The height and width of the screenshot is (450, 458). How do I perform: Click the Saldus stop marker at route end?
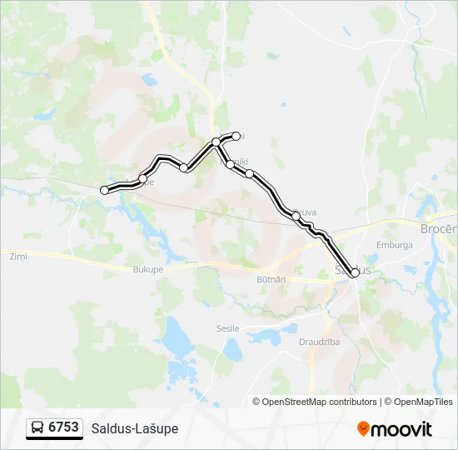[x=356, y=272]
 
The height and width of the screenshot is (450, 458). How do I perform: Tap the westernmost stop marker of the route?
[x=105, y=191]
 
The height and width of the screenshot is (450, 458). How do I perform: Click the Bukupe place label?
[x=148, y=270]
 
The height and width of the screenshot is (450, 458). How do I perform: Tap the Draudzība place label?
[x=319, y=342]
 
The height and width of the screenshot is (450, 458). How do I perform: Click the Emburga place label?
[x=395, y=246]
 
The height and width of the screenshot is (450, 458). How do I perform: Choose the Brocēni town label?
[x=438, y=228]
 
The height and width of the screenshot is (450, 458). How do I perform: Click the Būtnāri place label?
[x=271, y=280]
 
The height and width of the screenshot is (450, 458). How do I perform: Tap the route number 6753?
[x=63, y=427]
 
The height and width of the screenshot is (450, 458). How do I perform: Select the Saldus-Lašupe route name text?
[x=134, y=428]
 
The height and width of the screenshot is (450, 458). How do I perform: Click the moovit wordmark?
[x=401, y=429]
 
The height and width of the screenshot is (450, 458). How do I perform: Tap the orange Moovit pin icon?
[x=363, y=429]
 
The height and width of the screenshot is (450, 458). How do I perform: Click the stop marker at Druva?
[x=296, y=216]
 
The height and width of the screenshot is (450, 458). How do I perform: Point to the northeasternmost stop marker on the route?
[x=236, y=136]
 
